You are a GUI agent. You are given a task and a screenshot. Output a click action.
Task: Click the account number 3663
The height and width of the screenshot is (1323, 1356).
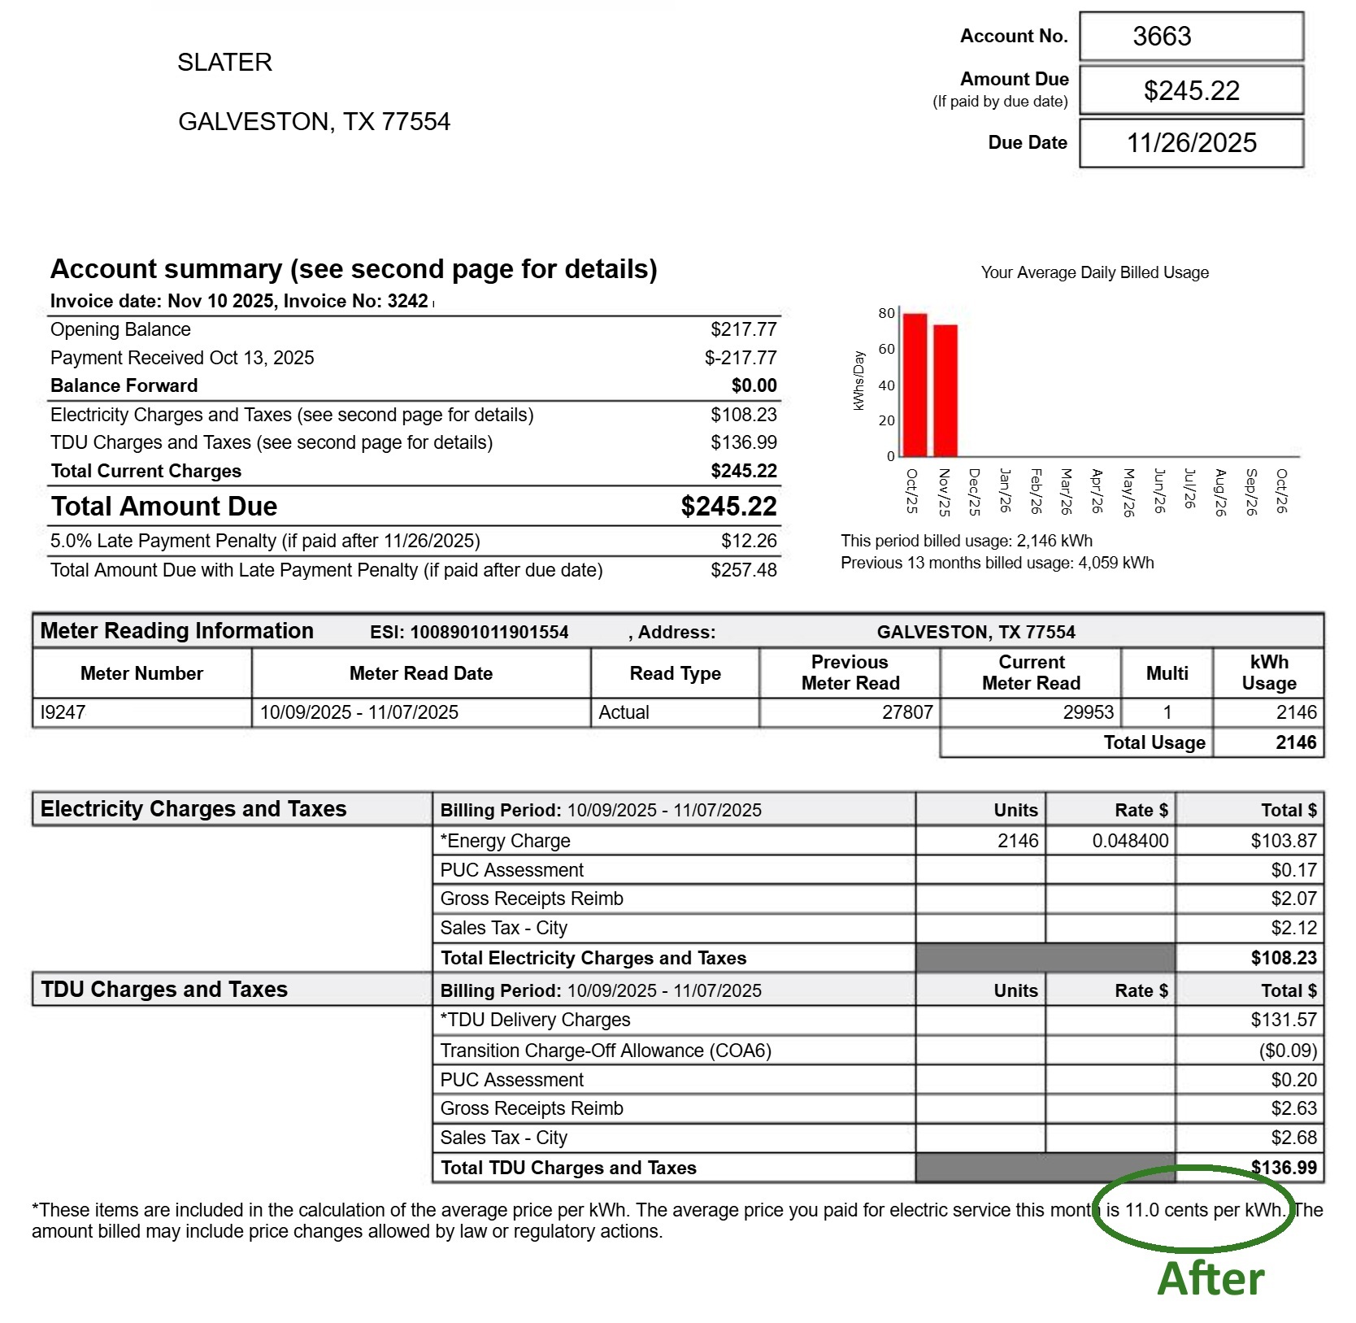tap(1162, 37)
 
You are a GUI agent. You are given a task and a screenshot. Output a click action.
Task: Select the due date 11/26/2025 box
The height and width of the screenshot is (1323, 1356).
tap(1191, 143)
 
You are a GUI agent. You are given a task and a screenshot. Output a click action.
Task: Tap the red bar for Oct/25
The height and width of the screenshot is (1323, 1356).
tap(915, 385)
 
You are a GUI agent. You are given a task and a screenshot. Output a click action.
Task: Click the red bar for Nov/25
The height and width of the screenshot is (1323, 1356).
tap(945, 390)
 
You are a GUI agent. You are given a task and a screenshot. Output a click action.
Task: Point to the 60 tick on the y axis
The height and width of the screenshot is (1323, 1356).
tap(886, 350)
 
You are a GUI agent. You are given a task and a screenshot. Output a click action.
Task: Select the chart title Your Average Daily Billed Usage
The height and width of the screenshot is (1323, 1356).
tap(1094, 273)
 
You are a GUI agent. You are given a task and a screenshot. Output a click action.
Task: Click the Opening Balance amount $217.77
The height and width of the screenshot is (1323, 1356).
tap(743, 329)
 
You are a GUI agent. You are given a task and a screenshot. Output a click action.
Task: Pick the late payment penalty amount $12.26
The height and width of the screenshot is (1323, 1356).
tap(748, 541)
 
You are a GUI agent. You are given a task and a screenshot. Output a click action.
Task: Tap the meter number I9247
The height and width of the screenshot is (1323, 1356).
tap(63, 712)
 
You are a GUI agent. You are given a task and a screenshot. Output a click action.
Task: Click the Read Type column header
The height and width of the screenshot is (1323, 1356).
tap(675, 673)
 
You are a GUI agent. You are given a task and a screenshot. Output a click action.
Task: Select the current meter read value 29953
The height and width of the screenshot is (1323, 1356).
tap(1088, 712)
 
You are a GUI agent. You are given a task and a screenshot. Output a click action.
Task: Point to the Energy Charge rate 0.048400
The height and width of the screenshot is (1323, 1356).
tap(1130, 841)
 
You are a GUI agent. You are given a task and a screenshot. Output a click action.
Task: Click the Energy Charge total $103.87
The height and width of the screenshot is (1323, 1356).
tap(1284, 841)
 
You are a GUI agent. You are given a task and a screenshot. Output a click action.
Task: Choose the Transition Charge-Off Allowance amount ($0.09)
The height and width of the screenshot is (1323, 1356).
tap(1288, 1051)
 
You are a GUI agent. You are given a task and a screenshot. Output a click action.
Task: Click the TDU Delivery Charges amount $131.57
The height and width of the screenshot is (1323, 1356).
tap(1284, 1020)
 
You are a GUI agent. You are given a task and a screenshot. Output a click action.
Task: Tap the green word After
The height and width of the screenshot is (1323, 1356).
tap(1210, 1278)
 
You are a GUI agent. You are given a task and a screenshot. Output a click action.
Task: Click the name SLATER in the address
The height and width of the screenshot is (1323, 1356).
tap(225, 63)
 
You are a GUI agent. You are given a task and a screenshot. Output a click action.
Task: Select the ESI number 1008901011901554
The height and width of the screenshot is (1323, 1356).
tap(489, 633)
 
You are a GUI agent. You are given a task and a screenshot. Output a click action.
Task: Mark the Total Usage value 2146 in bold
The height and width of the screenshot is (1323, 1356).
tap(1296, 742)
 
